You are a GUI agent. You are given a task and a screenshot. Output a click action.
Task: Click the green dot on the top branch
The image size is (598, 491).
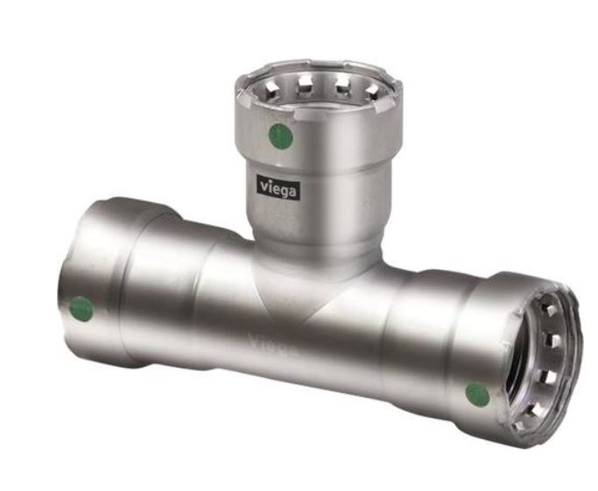(279, 135)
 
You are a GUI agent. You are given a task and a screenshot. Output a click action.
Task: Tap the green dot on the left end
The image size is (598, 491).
(81, 308)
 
